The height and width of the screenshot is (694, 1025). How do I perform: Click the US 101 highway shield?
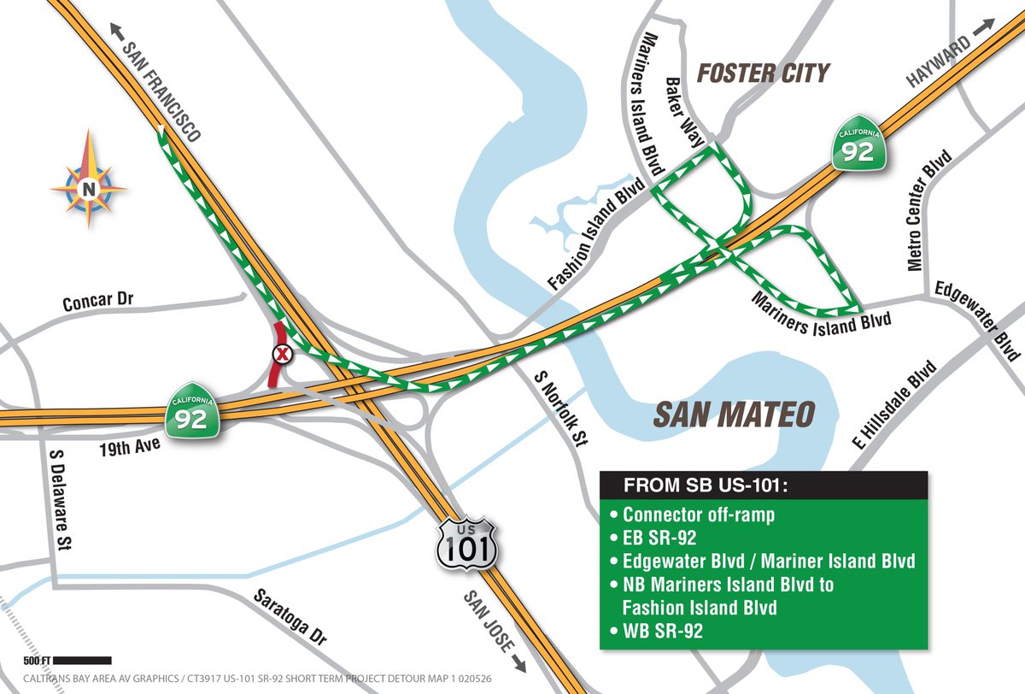point(466,542)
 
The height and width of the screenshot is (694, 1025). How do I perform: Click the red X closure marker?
point(281,354)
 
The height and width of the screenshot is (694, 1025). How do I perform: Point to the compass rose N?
point(88,189)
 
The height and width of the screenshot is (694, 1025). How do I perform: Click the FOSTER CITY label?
point(763,74)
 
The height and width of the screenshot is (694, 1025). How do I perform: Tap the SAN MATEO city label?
point(733,415)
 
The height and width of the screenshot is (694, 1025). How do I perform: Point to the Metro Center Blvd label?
point(928,210)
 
